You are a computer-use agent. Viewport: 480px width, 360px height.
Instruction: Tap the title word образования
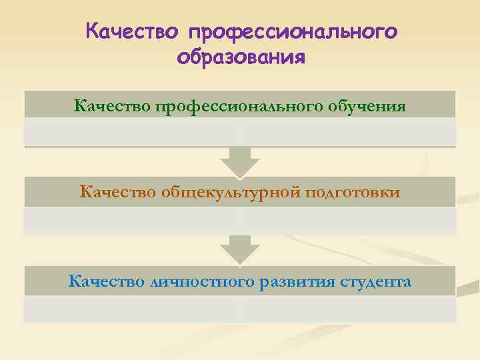241,57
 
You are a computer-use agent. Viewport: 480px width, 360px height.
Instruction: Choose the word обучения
369,105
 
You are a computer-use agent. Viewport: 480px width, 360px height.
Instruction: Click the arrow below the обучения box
240,161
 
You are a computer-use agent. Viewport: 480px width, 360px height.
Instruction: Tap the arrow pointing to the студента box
240,250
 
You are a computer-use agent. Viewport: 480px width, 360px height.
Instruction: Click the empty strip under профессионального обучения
240,132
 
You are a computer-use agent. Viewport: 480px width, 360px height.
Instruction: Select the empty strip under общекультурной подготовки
240,220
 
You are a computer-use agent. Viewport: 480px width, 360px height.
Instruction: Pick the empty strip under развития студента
240,309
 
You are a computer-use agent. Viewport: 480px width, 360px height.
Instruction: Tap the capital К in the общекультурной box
85,193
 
